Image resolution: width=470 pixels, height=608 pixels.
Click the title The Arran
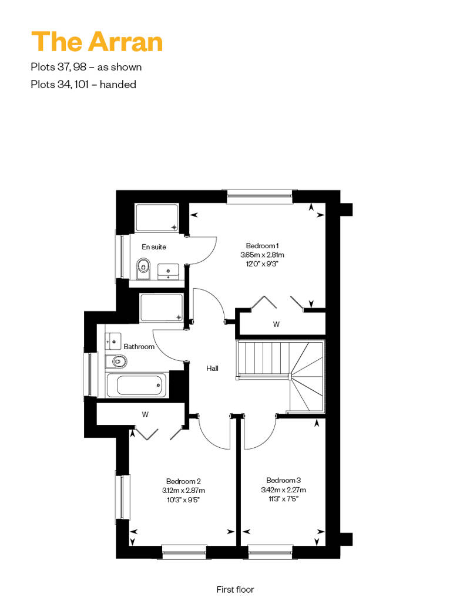coord(96,42)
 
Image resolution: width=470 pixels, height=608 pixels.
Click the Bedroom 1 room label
coord(262,246)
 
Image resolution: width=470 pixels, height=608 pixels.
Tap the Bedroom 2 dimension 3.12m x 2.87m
coord(183,491)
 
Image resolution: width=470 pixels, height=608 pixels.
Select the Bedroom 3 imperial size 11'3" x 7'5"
coord(283,499)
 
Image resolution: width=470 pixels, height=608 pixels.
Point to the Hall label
coord(212,369)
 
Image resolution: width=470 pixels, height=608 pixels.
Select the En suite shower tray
coord(157,218)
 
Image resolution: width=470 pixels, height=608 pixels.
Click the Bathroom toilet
coord(116,362)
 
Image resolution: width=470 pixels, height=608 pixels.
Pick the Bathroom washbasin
coord(113,341)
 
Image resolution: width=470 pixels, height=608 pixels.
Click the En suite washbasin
coord(168,271)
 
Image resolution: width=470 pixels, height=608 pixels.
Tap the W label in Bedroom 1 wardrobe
coord(276,324)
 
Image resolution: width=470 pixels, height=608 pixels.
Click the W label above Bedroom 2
coord(145,414)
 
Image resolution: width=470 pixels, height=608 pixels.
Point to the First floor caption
coord(235,589)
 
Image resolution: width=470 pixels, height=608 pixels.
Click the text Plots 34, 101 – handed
coord(83,84)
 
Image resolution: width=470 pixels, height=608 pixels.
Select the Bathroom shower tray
coord(162,308)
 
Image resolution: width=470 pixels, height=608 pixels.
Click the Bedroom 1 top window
coord(259,197)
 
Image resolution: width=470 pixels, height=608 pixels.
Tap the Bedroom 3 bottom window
coord(270,552)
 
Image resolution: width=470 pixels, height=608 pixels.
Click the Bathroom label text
coord(139,347)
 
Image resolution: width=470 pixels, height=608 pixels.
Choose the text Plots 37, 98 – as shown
coord(86,67)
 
